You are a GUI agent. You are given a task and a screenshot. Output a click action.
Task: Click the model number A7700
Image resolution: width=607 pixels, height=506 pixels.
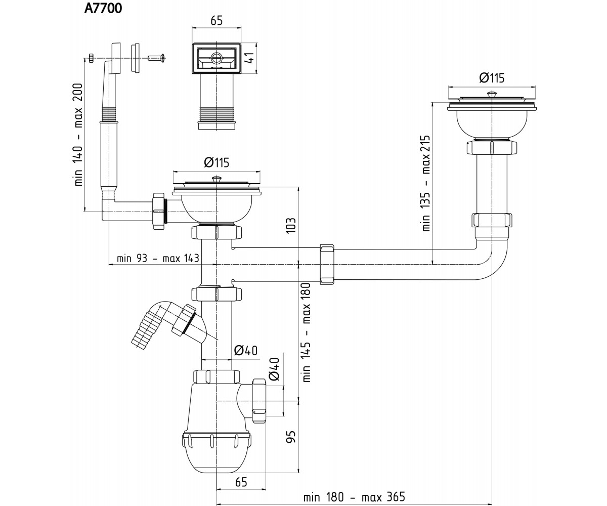click(x=103, y=9)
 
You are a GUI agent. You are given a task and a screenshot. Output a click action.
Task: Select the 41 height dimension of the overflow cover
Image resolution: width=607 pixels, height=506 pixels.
click(x=250, y=59)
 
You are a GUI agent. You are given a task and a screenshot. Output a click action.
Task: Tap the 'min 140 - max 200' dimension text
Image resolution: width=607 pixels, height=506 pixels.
click(x=78, y=135)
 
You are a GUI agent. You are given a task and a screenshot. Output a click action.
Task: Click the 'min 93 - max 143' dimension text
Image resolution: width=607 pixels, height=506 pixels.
click(x=158, y=258)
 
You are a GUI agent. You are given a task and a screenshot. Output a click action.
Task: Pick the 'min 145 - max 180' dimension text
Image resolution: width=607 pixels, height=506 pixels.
click(x=307, y=332)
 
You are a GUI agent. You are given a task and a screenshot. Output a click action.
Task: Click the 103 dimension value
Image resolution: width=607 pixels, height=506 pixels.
click(x=291, y=225)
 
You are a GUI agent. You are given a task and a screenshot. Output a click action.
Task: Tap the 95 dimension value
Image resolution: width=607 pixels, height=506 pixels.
click(x=291, y=437)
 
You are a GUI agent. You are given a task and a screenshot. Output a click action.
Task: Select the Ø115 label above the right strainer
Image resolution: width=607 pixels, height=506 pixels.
click(x=492, y=78)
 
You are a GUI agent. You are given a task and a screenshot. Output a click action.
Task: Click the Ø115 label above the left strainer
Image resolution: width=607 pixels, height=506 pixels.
click(x=216, y=162)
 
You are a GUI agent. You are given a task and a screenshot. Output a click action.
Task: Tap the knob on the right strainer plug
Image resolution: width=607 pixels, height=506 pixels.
click(x=491, y=94)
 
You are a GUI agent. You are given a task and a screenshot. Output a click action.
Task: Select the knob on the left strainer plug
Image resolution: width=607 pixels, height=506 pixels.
click(x=216, y=179)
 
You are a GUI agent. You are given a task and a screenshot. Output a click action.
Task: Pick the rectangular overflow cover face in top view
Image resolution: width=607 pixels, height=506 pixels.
click(x=216, y=58)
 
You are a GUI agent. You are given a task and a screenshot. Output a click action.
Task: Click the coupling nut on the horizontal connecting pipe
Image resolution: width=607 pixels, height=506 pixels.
click(x=327, y=265)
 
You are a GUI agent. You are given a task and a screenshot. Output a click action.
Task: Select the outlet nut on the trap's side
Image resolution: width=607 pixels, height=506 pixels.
click(x=259, y=401)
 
